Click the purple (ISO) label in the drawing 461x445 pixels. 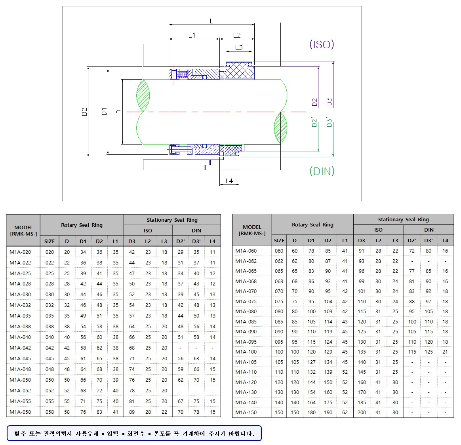point(322,44)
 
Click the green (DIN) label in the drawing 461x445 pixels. point(322,171)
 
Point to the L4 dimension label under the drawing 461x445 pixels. point(229,181)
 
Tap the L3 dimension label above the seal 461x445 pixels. point(239,48)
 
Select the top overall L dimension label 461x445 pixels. point(211,21)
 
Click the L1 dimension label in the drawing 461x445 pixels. point(192,35)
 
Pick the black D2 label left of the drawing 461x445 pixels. point(84,112)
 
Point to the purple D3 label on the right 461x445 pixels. point(329,102)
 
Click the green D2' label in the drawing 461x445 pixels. point(314,122)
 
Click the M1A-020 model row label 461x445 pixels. point(20,252)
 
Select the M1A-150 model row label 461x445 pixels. point(246,412)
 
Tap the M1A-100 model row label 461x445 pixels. point(246,352)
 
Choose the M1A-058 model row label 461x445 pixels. point(20,412)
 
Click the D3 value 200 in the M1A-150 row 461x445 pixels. point(362,412)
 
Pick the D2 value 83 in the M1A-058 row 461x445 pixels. point(99,412)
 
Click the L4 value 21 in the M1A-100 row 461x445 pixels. point(445,352)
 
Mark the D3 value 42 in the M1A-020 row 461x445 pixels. point(132,252)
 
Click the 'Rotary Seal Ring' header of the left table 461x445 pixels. point(82,225)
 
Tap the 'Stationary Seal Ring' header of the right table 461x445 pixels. point(403,219)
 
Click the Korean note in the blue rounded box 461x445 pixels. point(134,434)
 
